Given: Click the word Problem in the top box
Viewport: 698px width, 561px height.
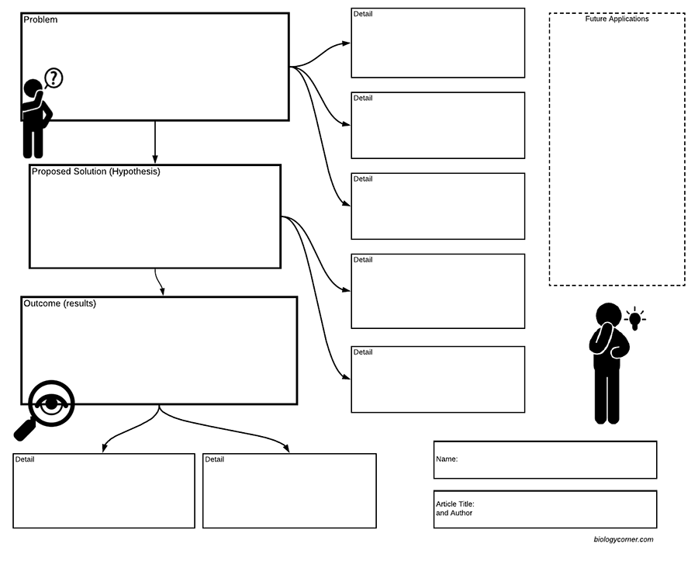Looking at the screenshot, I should coord(40,20).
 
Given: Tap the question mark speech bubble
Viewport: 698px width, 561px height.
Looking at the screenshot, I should coord(54,78).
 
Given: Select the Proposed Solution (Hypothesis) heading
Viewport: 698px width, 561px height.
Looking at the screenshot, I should coord(95,171).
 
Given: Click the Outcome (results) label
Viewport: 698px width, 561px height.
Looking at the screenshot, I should coord(60,303).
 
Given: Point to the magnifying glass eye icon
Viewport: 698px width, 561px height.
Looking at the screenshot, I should coord(51,403).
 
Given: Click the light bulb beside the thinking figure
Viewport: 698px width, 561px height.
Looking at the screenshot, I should coord(634,318).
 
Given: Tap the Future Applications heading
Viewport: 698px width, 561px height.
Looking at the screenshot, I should coord(617,19).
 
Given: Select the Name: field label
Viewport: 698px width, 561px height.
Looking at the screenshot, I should coord(447,459).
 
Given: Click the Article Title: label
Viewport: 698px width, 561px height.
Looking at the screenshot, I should coord(455,504).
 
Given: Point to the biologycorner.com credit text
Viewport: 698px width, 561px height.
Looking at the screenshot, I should coord(623,539).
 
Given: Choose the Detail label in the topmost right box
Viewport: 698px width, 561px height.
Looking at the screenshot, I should coord(363,14).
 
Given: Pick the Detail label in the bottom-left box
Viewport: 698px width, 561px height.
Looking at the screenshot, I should coord(25,459).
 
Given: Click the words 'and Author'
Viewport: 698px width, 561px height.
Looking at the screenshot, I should coord(454,513).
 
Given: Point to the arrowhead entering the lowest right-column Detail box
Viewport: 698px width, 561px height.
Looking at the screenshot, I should coord(347,378).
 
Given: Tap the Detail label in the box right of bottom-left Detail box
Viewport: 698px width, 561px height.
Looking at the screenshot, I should coord(215,459).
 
